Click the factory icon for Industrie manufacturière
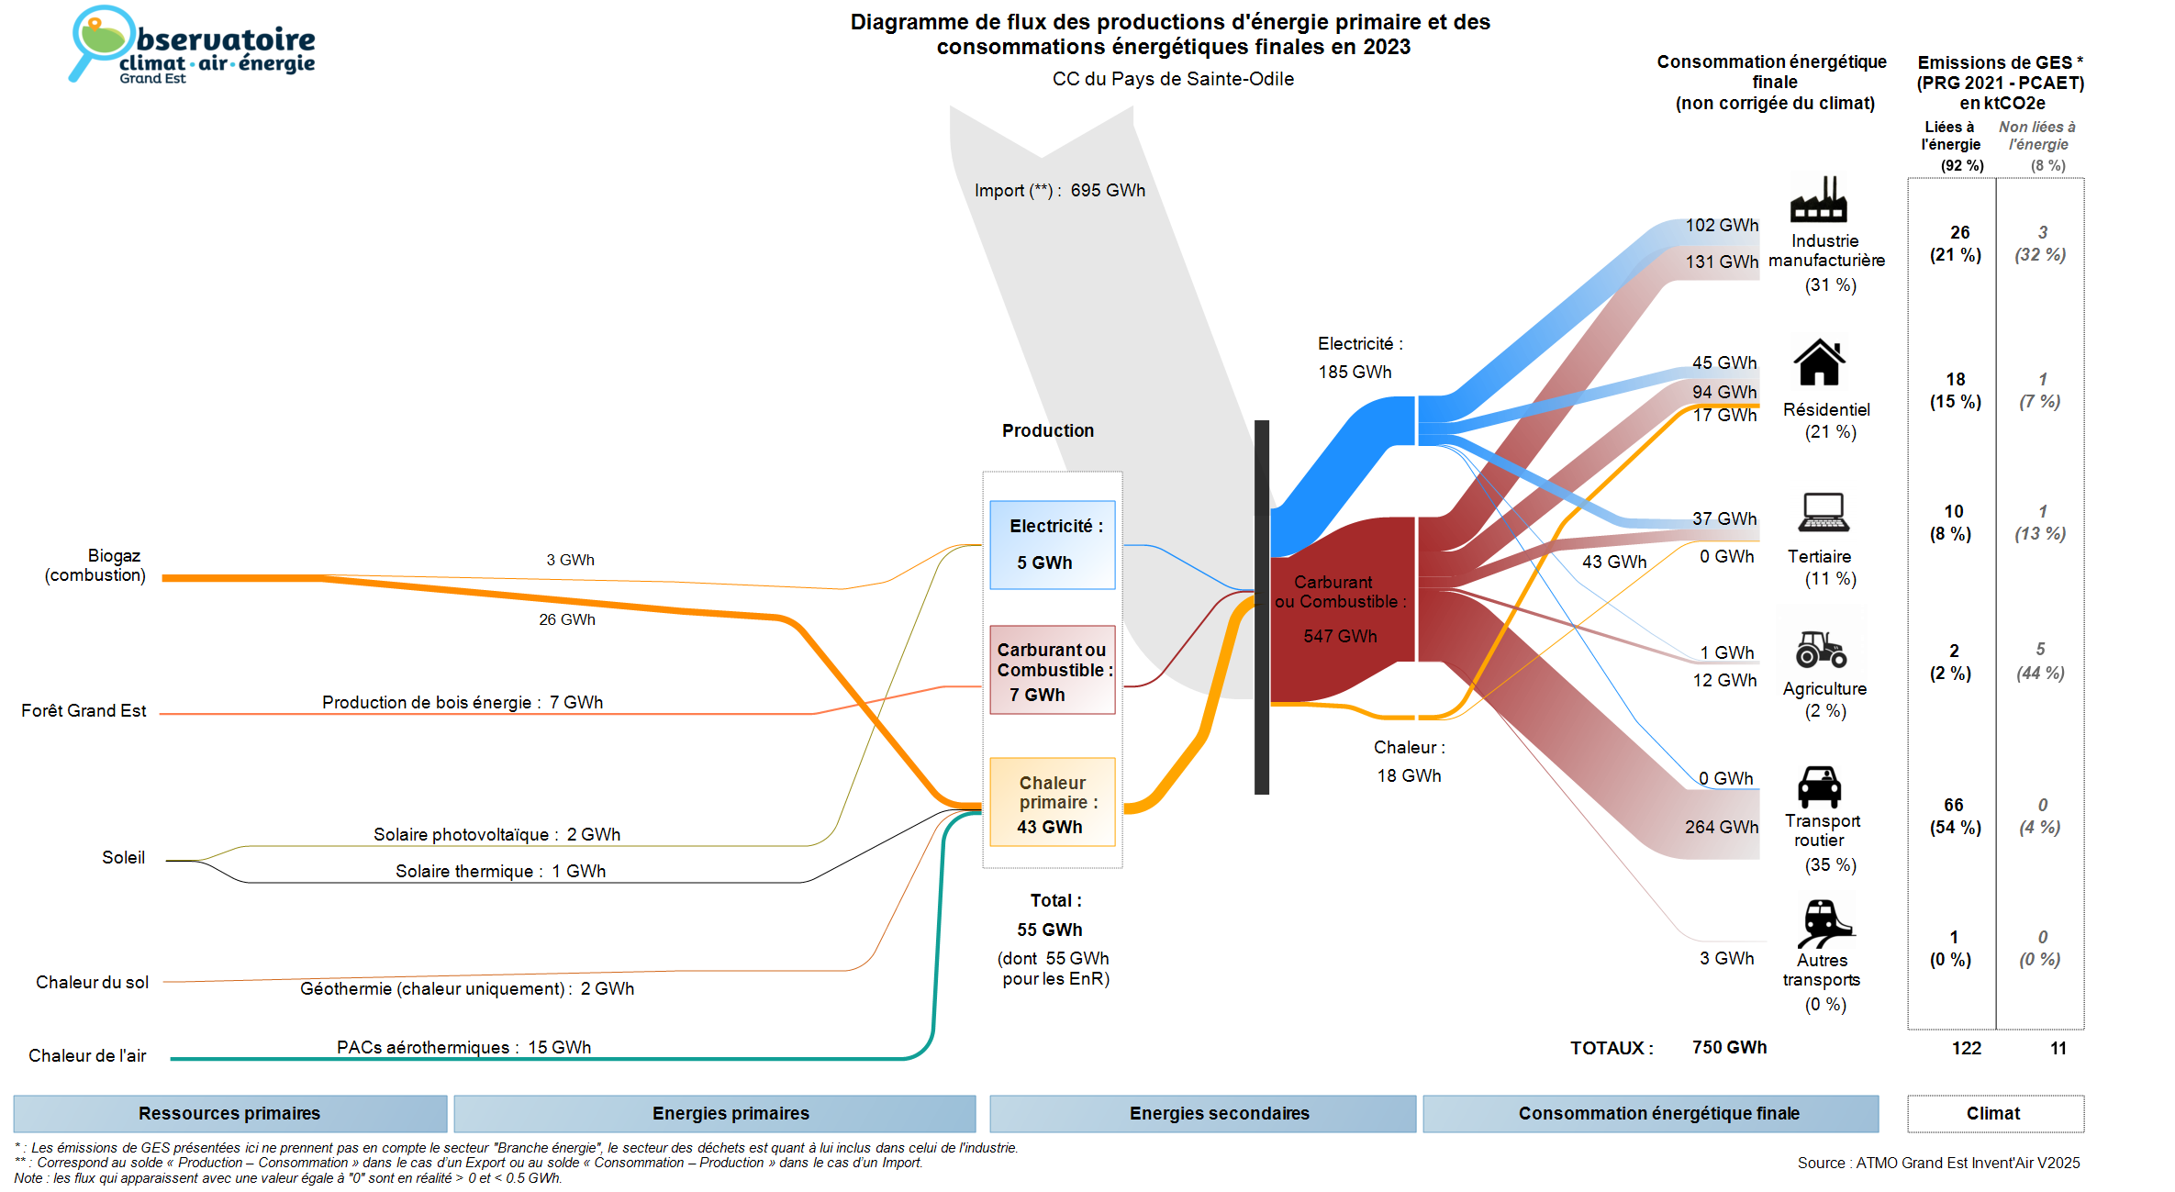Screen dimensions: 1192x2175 coord(1818,199)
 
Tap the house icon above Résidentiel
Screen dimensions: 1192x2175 coord(1819,362)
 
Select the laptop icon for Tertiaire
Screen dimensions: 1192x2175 coord(1823,512)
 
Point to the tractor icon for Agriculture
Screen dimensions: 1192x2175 coord(1821,649)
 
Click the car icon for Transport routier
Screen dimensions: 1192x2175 coord(1819,786)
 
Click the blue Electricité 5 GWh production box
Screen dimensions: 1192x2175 coord(1052,544)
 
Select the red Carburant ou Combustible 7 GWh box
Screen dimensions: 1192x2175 coord(1052,670)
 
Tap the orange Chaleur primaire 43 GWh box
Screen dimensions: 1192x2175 coord(1052,802)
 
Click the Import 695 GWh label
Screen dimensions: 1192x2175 coord(1059,190)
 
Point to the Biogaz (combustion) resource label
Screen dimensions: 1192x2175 coord(96,565)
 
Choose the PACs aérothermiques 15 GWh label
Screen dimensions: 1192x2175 coord(463,1047)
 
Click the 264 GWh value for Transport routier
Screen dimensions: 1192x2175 coord(1721,827)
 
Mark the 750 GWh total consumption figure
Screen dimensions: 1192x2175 coord(1729,1047)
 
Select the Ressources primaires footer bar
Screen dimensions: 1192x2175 coord(229,1113)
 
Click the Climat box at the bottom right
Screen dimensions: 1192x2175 coord(1994,1113)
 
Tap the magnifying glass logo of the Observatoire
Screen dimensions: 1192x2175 coord(99,41)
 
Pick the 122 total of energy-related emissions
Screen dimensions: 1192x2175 coord(1966,1048)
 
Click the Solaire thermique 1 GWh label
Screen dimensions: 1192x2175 coord(500,871)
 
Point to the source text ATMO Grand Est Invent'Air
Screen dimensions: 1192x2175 coord(1938,1163)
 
